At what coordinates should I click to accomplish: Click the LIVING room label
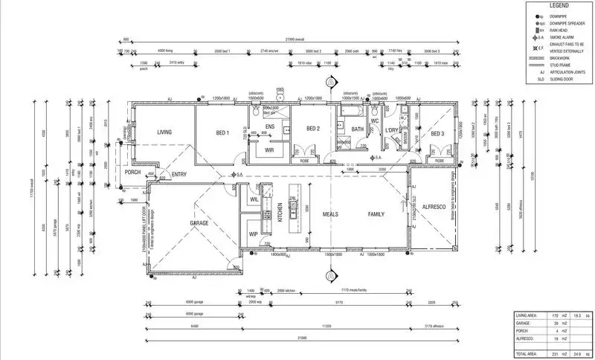(164, 133)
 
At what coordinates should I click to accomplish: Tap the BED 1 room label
(222, 133)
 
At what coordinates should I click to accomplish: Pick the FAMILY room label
(377, 214)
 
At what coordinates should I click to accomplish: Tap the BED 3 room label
(437, 134)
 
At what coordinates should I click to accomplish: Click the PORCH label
(133, 173)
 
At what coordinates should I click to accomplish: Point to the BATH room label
(358, 129)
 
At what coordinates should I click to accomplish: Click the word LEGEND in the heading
(559, 5)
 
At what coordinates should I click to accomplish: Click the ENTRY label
(179, 176)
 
